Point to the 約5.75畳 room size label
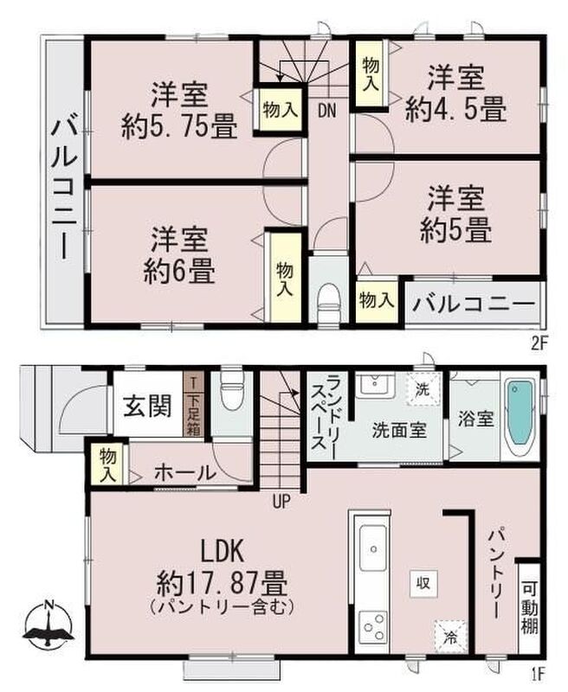coord(179,126)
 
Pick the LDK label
coord(223,553)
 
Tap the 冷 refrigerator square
coord(450,637)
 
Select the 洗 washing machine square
coord(423,389)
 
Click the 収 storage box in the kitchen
coord(423,583)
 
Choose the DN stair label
coord(326,111)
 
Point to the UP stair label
coord(281,502)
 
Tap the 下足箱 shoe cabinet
coord(193,404)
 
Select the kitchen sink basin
coord(374,548)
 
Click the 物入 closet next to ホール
coord(107,465)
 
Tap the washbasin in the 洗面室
coord(376,385)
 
